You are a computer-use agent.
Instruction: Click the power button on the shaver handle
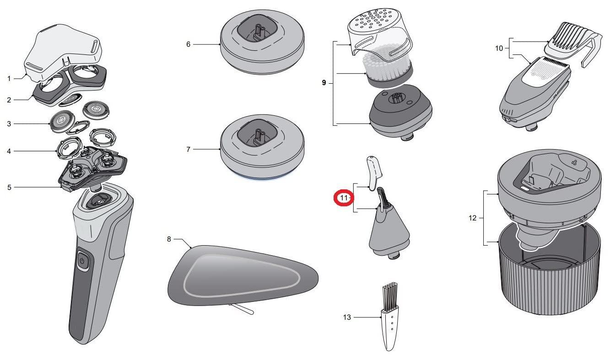[x=82, y=260]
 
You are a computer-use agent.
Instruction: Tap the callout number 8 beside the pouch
[x=169, y=239]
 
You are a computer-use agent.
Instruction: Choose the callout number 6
[x=188, y=44]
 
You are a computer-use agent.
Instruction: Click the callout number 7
[x=188, y=149]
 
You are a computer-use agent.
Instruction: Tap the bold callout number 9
[x=324, y=83]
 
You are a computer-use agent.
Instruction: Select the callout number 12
[x=472, y=218]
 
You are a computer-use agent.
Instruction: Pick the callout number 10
[x=498, y=48]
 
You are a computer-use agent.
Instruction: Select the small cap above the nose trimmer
[x=374, y=172]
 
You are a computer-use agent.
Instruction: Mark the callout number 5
[x=9, y=187]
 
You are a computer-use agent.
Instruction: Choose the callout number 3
[x=9, y=124]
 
